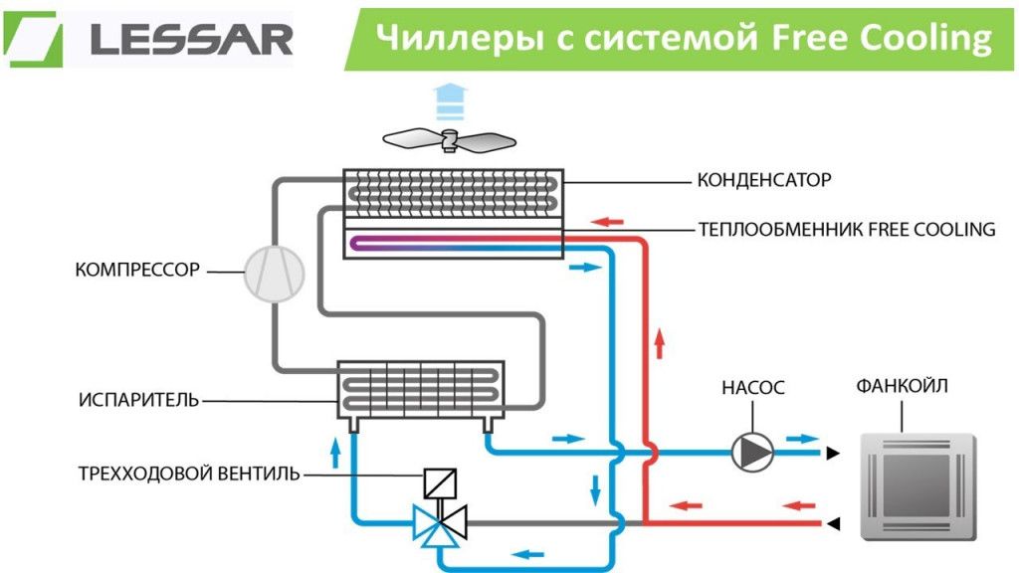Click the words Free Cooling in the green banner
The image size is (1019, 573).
[x=881, y=38]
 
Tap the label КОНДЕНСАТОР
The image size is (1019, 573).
[x=763, y=181]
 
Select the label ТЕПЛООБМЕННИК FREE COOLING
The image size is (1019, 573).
[x=847, y=229]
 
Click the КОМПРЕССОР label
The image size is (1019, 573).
[x=137, y=270]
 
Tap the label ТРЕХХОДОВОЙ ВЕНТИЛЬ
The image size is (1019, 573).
[x=188, y=474]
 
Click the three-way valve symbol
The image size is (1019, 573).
[x=438, y=521]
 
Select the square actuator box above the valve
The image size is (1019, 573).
[x=439, y=484]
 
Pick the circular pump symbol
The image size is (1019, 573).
[x=752, y=453]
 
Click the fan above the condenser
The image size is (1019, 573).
[x=452, y=140]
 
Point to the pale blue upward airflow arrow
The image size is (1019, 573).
[x=451, y=99]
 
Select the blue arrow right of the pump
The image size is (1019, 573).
[x=802, y=438]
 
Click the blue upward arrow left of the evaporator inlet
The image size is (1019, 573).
[x=335, y=452]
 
